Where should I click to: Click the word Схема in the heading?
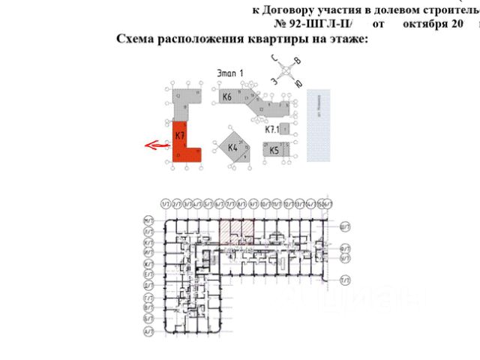pos(136,39)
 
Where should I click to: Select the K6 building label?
pos(226,97)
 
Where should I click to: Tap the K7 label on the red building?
pos(179,136)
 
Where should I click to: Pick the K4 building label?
pos(232,148)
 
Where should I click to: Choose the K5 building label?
pos(274,150)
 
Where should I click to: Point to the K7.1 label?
pos(271,129)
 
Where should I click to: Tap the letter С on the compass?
pos(276,58)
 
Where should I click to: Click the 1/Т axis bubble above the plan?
pos(164,203)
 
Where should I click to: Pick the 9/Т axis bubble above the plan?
pos(253,203)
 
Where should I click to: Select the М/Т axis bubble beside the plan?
pos(148,220)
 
